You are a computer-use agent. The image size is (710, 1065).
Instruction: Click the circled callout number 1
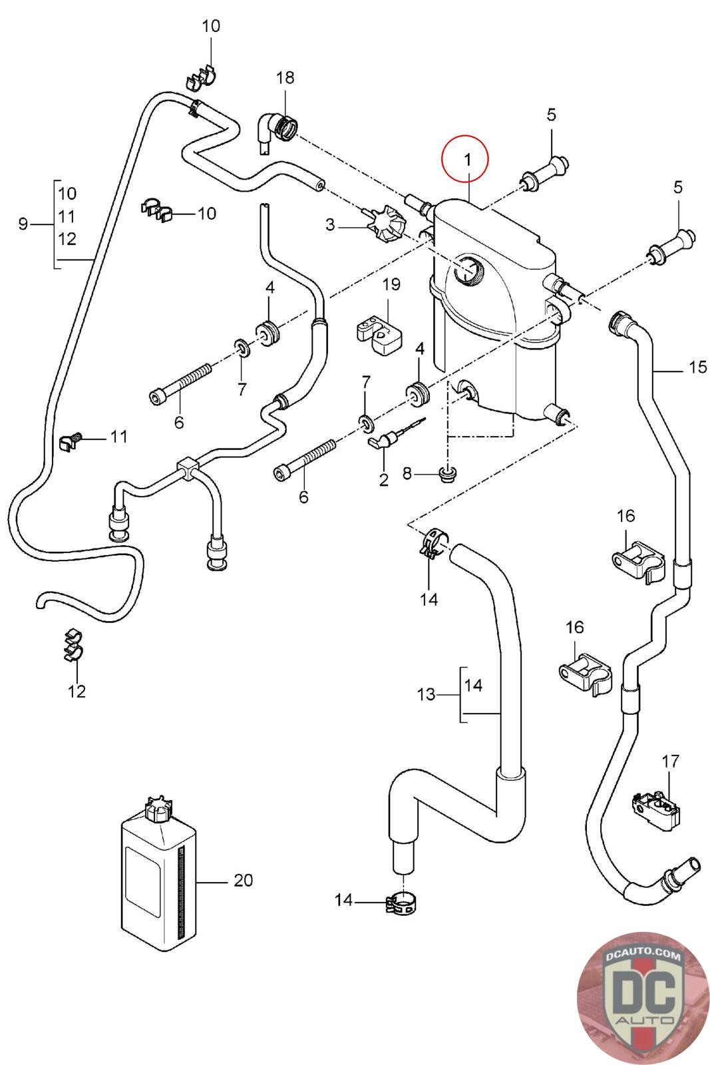click(x=467, y=160)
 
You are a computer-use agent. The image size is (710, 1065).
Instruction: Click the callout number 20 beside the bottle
click(x=244, y=881)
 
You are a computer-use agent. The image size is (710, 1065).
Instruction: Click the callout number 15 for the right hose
click(x=697, y=367)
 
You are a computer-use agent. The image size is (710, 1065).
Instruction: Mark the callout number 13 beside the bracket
click(x=425, y=695)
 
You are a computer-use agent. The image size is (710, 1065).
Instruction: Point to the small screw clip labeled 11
click(x=70, y=439)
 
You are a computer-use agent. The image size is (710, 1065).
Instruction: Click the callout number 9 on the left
click(x=23, y=224)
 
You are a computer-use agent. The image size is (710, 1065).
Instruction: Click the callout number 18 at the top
click(x=285, y=78)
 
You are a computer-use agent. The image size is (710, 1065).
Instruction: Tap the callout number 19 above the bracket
click(x=391, y=285)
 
